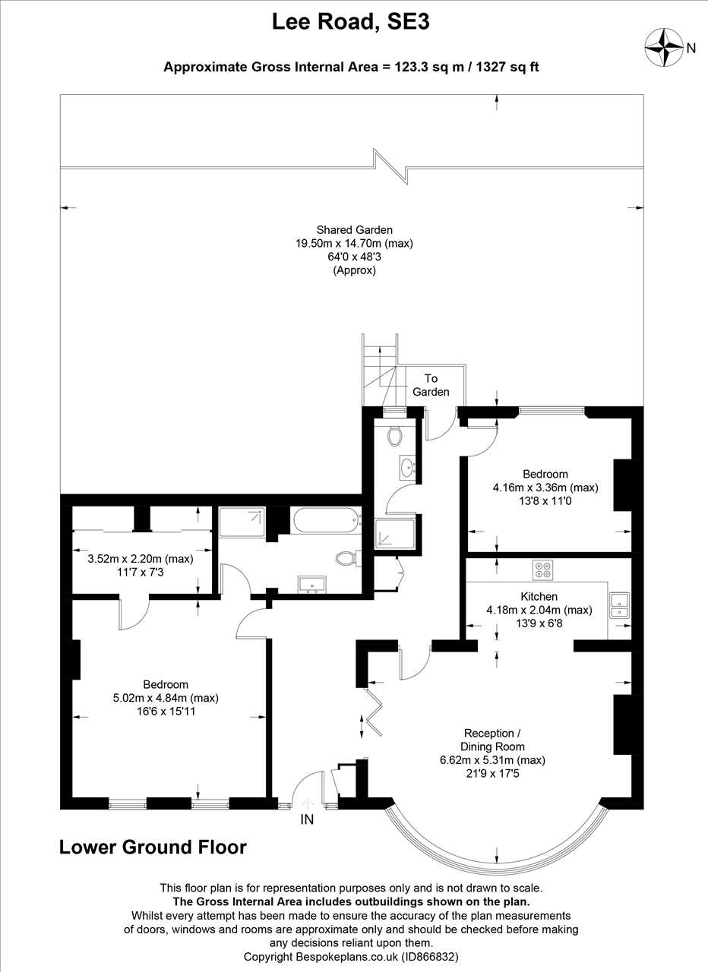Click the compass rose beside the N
click(x=664, y=48)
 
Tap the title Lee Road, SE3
click(x=350, y=22)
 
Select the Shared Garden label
click(x=354, y=230)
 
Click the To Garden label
click(x=431, y=385)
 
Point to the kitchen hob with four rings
click(x=542, y=570)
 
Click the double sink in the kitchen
click(x=619, y=605)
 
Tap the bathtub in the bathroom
click(x=327, y=522)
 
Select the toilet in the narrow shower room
click(x=394, y=435)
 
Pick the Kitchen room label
click(x=539, y=597)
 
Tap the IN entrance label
click(x=307, y=819)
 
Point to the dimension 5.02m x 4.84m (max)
click(x=166, y=698)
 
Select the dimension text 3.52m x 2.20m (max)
click(x=141, y=559)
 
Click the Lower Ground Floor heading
click(x=153, y=847)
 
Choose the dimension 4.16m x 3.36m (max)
click(x=545, y=488)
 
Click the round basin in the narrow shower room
click(x=408, y=468)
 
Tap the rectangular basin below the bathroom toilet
click(x=312, y=584)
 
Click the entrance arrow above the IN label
click(x=307, y=803)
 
